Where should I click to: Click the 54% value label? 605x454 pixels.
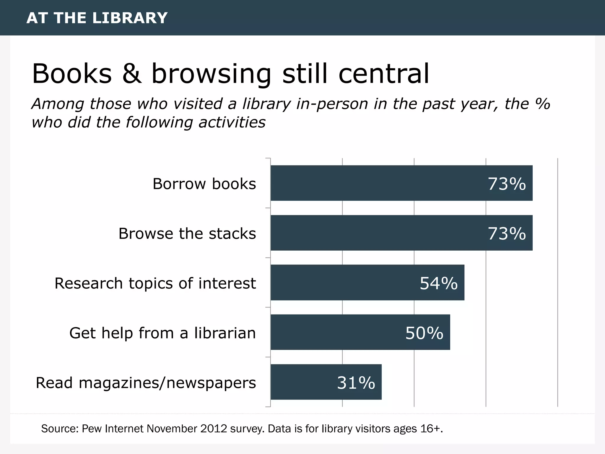[439, 283]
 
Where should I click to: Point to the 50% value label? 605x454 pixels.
[424, 333]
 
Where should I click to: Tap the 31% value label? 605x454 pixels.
[356, 382]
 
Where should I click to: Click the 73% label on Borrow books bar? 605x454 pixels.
[507, 184]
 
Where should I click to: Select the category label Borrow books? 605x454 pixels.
[204, 184]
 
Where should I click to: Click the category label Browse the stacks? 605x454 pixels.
[187, 234]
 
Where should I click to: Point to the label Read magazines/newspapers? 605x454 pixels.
[146, 383]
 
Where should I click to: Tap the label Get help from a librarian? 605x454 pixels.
[162, 333]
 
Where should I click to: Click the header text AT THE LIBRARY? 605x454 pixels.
[97, 18]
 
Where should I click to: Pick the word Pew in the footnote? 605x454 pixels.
[92, 429]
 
